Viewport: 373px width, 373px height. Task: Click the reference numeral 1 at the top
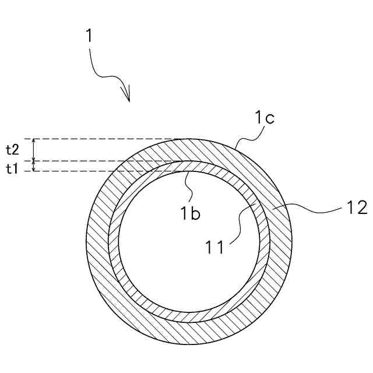point(89,36)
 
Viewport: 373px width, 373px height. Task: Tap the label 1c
point(263,119)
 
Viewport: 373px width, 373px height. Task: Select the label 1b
point(189,214)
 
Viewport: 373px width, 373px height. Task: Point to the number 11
point(215,248)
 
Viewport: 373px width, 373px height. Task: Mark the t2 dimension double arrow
point(34,150)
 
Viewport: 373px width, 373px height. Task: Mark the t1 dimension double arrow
point(34,166)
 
